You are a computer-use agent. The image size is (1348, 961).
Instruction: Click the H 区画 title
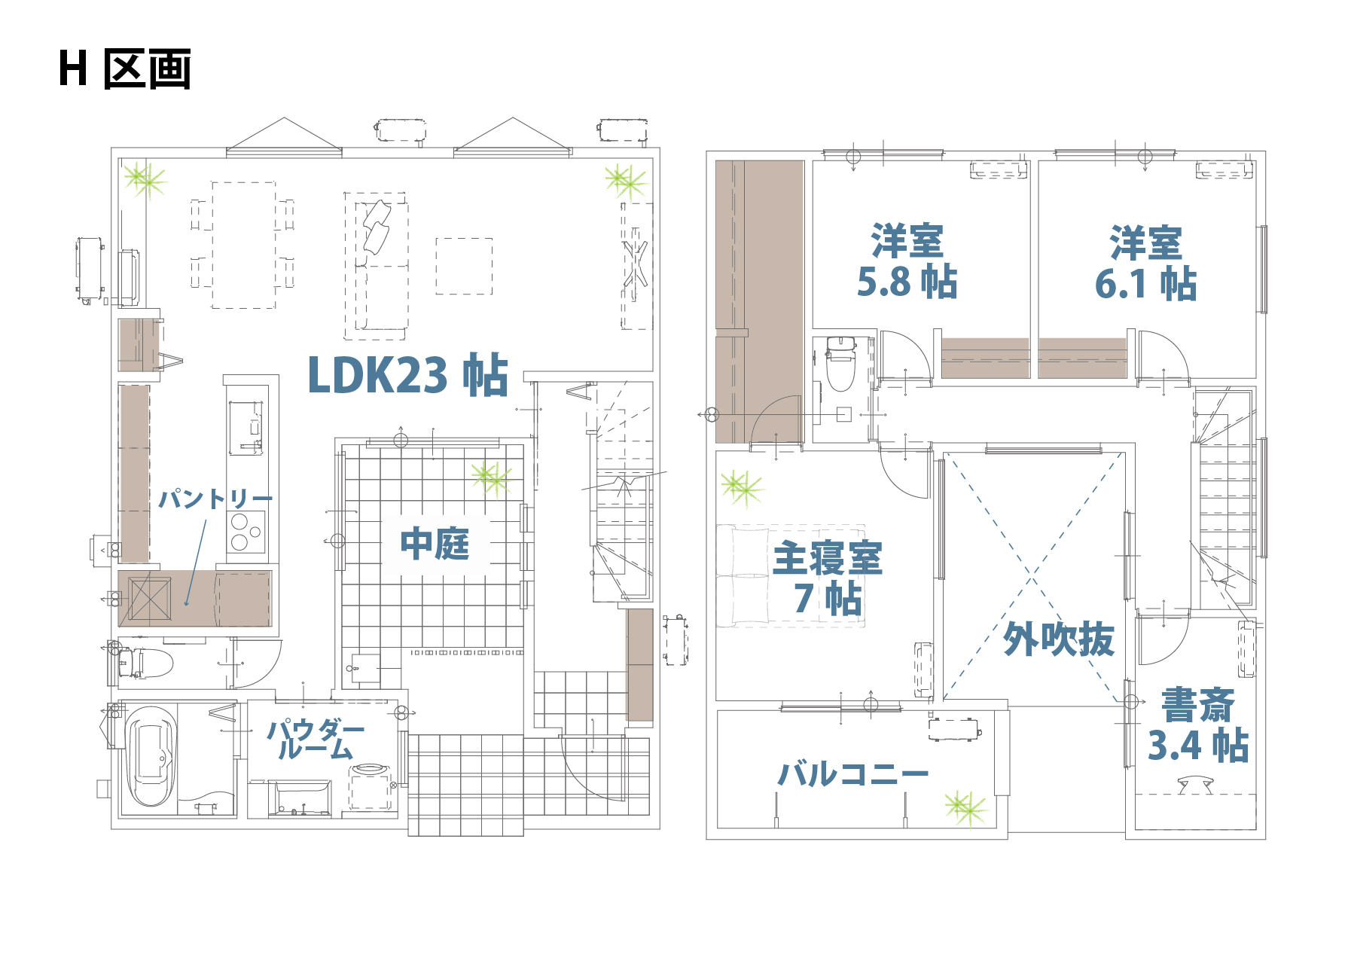coord(125,69)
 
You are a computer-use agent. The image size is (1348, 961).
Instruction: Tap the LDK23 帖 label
coord(408,374)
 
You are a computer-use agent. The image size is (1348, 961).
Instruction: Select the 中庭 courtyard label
coord(435,544)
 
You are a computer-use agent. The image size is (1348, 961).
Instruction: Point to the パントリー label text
coord(215,499)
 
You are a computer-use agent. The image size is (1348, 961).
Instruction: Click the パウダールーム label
coord(316,739)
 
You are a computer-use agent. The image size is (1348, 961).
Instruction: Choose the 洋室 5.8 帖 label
coord(907,262)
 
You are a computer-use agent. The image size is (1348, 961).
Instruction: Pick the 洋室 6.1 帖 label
coord(1145,264)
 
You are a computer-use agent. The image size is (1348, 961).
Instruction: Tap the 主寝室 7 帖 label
coord(828,578)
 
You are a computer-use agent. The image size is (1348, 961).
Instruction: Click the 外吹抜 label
coord(1059,639)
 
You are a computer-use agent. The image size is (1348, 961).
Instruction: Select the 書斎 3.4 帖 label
coord(1197,725)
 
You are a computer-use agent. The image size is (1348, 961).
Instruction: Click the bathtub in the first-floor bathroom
coord(151,756)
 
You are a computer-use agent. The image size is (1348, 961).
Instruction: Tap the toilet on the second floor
coord(840,364)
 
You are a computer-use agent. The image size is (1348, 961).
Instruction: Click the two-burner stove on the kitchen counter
coord(246,532)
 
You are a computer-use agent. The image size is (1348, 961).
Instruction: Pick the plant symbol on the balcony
coord(965,807)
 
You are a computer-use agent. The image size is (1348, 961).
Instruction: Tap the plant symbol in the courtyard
coord(493,477)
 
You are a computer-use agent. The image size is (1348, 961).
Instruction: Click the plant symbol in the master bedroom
coord(742,488)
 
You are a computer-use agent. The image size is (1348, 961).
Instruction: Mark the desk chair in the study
coord(1195,786)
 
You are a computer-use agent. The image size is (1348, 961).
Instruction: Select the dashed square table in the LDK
coord(464,266)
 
